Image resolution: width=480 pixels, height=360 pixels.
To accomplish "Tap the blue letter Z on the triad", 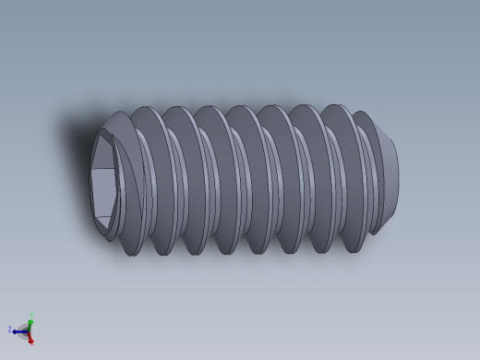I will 10,329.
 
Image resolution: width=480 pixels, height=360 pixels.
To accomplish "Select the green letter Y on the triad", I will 31,314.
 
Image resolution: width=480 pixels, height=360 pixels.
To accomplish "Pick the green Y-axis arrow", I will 30,320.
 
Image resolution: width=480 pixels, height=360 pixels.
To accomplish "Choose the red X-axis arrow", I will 30,336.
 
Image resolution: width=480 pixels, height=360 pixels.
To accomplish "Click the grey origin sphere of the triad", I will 26,330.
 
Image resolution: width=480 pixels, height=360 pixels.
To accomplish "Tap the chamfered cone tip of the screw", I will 388,175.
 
